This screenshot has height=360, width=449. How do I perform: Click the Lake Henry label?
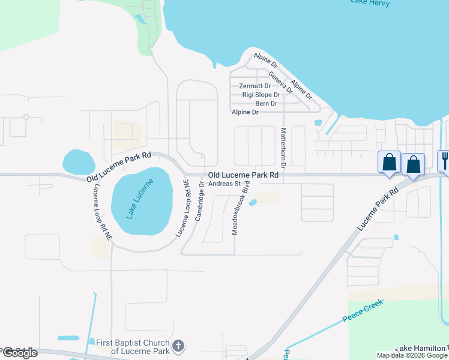[370, 3]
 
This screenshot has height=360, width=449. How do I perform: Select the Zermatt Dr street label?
[255, 86]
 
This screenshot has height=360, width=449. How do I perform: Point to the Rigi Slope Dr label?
[261, 95]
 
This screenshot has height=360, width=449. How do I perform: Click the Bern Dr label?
[266, 103]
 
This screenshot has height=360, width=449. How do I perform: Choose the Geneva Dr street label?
[280, 82]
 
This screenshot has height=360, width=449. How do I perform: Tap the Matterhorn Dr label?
[283, 146]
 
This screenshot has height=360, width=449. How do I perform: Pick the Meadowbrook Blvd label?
[238, 211]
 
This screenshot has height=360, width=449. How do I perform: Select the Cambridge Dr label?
[200, 202]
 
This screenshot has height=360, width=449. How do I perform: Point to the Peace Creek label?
[363, 311]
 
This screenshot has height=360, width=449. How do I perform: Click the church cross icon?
[178, 346]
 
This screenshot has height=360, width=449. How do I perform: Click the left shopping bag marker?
[390, 162]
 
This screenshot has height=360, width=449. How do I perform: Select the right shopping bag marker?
[414, 164]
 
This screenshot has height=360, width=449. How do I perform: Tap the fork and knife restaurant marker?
[445, 160]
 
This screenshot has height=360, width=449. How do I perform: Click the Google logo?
[20, 353]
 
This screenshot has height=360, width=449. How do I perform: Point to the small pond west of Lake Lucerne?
[79, 161]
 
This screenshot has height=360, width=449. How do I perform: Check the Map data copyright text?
[412, 355]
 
